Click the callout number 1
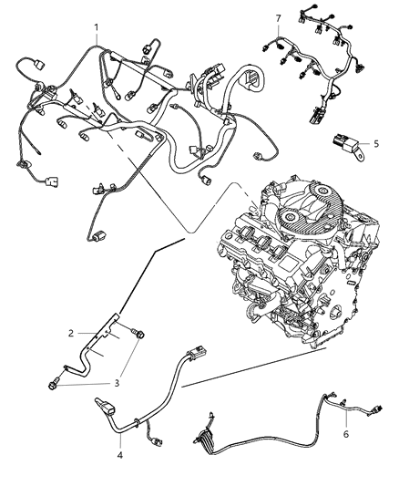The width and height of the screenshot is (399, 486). point(95,28)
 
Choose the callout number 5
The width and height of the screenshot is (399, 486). point(373,143)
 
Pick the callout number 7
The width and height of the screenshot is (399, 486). point(279,18)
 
